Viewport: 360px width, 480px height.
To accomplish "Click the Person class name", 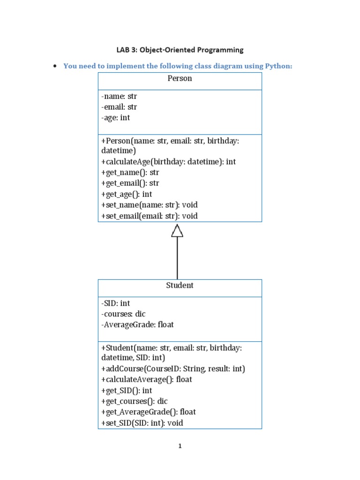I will pyautogui.click(x=180, y=79).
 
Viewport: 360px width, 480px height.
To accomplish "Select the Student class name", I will pyautogui.click(x=180, y=285).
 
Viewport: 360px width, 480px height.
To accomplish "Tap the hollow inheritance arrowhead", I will pyautogui.click(x=177, y=230).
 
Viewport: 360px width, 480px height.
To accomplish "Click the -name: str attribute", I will pyautogui.click(x=119, y=97).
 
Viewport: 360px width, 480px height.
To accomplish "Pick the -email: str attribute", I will pyautogui.click(x=119, y=107).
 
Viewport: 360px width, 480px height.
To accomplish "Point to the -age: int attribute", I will pyautogui.click(x=115, y=118).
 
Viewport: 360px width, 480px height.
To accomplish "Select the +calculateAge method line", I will pyautogui.click(x=168, y=162).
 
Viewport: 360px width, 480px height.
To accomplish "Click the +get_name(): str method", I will pyautogui.click(x=130, y=172).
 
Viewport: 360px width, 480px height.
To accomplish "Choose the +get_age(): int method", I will pyautogui.click(x=127, y=194).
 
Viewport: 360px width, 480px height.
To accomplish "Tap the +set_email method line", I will pyautogui.click(x=149, y=216).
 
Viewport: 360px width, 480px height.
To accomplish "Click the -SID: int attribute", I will pyautogui.click(x=115, y=303).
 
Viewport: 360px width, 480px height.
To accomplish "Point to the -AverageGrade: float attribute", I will pyautogui.click(x=137, y=325).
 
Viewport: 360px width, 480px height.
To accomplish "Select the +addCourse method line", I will pyautogui.click(x=173, y=369).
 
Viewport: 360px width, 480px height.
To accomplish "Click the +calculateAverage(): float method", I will pyautogui.click(x=146, y=380).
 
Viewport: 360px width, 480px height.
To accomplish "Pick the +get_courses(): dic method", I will pyautogui.click(x=134, y=401).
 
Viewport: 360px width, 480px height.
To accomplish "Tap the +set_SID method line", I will pyautogui.click(x=142, y=423).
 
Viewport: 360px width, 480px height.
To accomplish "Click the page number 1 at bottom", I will pyautogui.click(x=180, y=446).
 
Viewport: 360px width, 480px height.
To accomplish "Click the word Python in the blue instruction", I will pyautogui.click(x=278, y=66).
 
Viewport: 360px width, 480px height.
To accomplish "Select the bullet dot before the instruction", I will pyautogui.click(x=55, y=66).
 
